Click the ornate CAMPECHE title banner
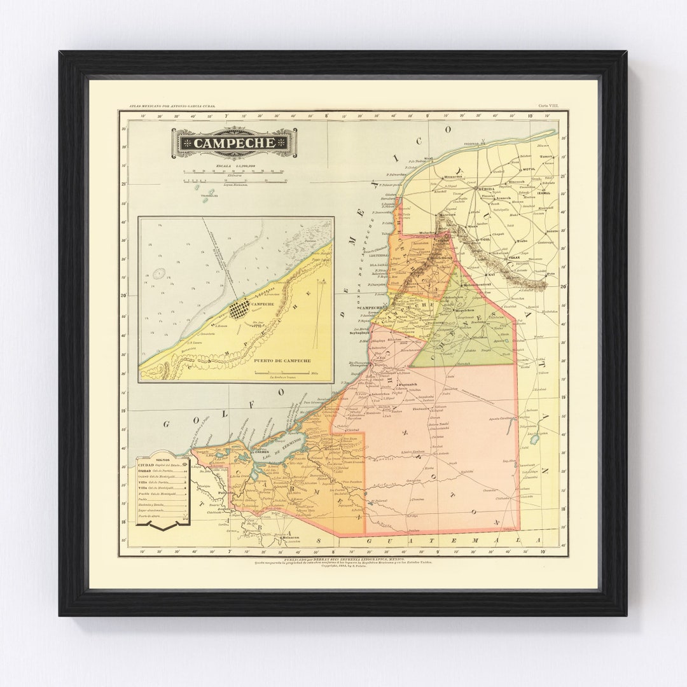(x=234, y=143)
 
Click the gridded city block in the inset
(x=239, y=309)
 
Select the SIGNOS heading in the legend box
(x=163, y=459)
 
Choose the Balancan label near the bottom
(x=291, y=538)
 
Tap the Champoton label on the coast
(x=356, y=366)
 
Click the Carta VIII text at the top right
(x=545, y=106)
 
